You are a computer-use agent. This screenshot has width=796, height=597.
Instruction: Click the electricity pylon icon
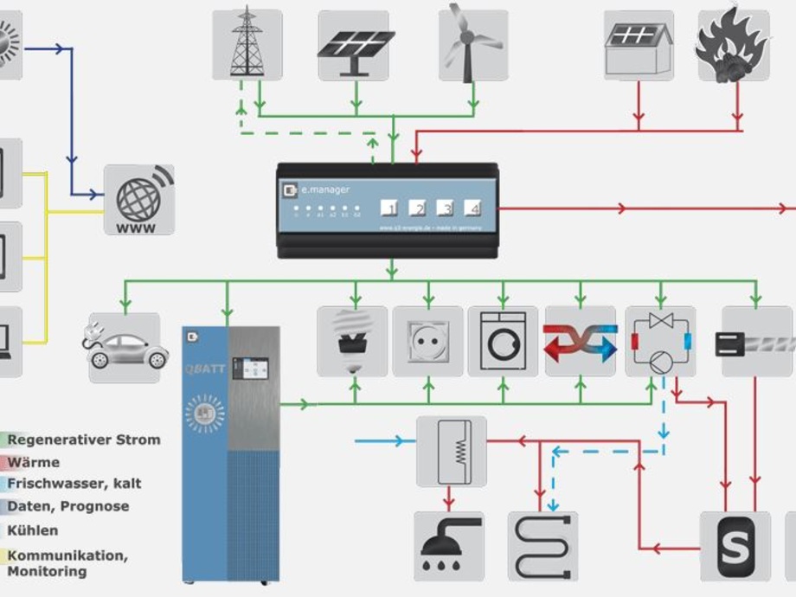point(247,45)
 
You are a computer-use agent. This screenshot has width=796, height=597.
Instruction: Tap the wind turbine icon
point(472,45)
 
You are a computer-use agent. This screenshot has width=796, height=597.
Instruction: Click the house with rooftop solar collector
point(639,45)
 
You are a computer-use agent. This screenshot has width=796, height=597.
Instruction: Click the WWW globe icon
point(139,200)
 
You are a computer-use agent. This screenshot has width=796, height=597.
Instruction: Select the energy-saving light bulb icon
point(352,341)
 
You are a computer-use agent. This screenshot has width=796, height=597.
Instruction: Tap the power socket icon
point(427,341)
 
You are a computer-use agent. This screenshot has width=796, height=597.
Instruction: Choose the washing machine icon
point(503,341)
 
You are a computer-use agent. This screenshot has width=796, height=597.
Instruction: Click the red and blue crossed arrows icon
point(580,341)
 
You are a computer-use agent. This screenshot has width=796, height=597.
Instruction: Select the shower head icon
point(448,545)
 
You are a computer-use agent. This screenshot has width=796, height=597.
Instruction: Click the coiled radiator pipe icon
point(542,545)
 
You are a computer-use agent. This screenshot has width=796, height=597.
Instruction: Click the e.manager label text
point(321,186)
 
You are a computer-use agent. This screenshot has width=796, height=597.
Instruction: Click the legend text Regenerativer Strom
point(84,440)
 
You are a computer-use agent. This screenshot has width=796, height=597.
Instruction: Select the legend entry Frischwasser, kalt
point(74,484)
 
